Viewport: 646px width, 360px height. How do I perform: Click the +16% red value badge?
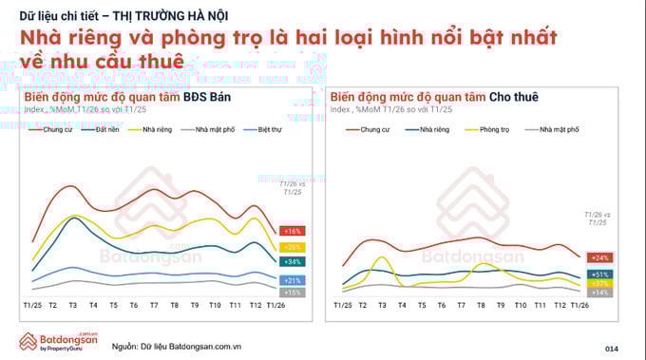click(292, 231)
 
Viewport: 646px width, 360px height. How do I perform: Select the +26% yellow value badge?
click(292, 246)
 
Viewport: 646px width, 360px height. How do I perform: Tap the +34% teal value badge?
click(292, 261)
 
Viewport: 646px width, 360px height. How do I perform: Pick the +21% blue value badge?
click(292, 280)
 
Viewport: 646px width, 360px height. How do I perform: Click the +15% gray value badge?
click(292, 293)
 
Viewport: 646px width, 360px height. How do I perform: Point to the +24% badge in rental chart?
click(599, 257)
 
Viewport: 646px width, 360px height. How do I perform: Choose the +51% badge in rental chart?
click(599, 274)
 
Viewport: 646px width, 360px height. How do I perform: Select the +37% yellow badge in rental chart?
click(599, 283)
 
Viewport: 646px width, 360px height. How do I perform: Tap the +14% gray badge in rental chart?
click(599, 293)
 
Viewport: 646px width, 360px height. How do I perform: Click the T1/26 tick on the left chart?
click(277, 304)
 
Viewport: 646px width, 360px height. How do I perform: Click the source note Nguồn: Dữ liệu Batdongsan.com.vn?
click(177, 347)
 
